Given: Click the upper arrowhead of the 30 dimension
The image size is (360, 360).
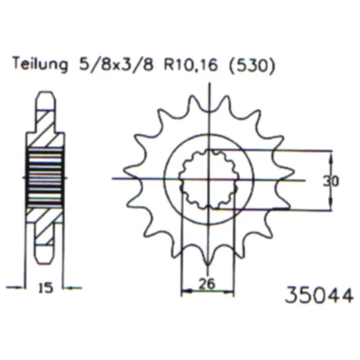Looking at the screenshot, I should pyautogui.click(x=330, y=154).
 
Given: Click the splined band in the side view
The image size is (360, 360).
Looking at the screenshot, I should pyautogui.click(x=44, y=179).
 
